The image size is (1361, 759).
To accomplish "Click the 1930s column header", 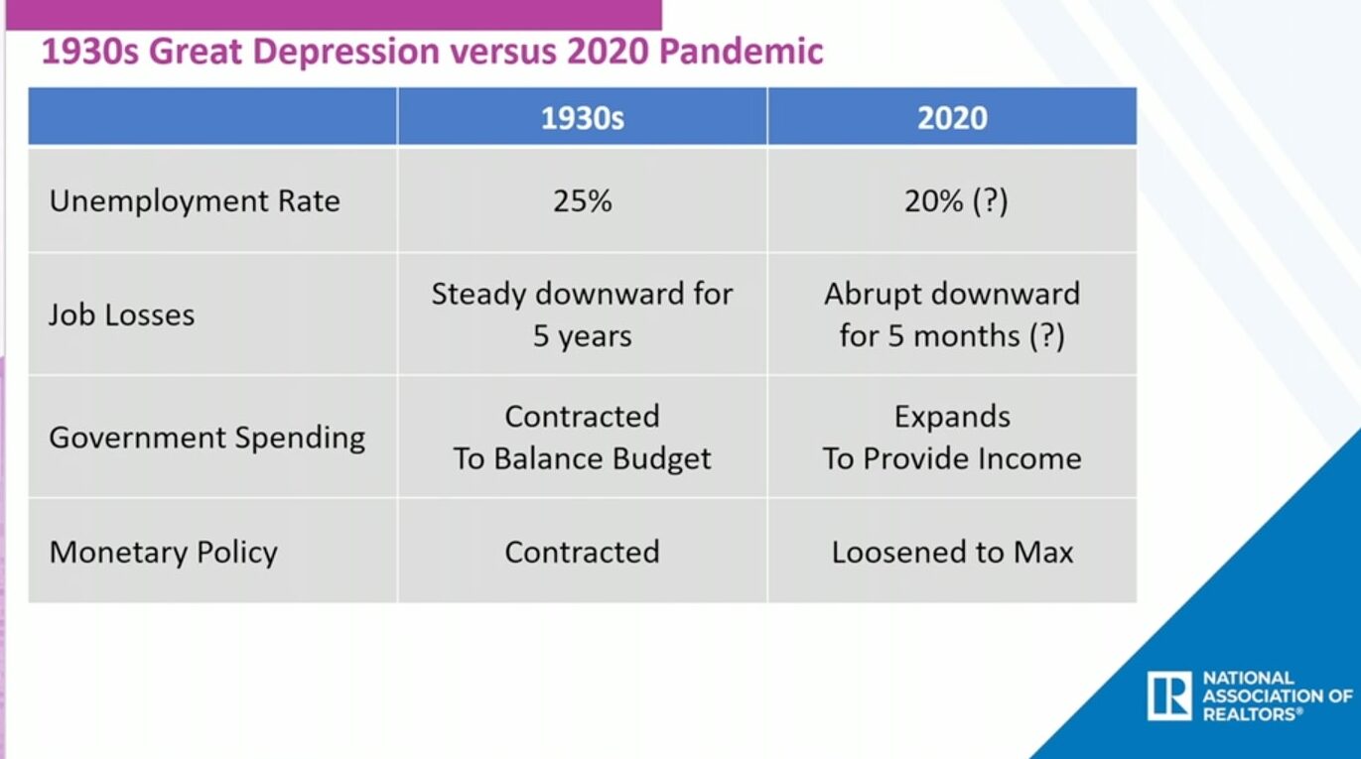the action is (582, 118).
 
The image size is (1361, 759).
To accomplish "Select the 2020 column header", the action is (952, 118).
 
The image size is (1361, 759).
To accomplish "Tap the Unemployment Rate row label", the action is (195, 201).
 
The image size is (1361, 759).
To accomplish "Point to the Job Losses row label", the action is (121, 315).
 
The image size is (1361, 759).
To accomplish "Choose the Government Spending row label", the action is (207, 438).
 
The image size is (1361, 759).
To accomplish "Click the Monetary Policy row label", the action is (164, 553).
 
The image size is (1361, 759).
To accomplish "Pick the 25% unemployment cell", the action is (582, 201).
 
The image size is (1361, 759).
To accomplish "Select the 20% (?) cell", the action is (956, 201).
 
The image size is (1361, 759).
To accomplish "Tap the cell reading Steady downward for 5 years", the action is (582, 315).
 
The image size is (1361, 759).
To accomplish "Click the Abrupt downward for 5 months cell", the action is (952, 315).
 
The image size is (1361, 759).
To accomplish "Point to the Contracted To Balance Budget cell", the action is (582, 438).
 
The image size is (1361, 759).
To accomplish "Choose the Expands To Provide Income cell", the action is (952, 438).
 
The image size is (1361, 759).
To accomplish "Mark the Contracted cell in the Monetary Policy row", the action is (582, 552).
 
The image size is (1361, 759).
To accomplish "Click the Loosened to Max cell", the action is (952, 552).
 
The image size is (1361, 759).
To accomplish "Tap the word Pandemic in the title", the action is (742, 51).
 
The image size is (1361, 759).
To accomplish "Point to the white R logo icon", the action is (1169, 696).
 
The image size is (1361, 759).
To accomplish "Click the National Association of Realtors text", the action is (1278, 696).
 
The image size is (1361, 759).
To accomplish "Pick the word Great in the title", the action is (196, 51).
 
